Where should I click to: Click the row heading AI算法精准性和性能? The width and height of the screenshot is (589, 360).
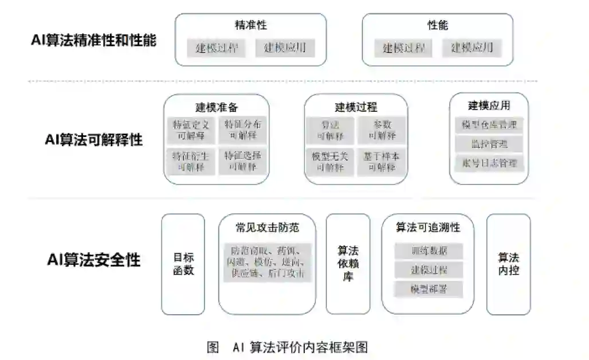click(93, 41)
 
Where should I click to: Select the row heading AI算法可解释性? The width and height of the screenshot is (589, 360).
click(93, 139)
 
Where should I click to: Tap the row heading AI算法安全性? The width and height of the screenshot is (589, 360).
click(93, 260)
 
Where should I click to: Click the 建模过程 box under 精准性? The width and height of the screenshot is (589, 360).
click(217, 48)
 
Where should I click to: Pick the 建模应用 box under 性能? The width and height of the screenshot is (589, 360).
click(472, 48)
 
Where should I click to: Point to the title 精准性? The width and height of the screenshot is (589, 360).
click(250, 25)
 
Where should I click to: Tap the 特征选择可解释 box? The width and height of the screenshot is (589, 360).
click(243, 161)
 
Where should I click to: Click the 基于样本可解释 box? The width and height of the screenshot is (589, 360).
click(382, 161)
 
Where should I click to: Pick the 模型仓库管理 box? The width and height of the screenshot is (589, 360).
click(489, 125)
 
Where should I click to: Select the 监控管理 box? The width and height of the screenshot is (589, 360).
click(489, 144)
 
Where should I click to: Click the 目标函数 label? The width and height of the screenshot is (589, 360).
click(183, 264)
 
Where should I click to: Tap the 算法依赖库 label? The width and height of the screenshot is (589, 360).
click(348, 264)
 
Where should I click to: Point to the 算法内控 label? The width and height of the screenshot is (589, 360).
click(508, 264)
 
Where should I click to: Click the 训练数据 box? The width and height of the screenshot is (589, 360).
click(429, 251)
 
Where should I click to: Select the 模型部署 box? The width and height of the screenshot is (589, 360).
click(429, 289)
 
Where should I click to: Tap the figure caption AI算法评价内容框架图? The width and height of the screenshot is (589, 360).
click(287, 347)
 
